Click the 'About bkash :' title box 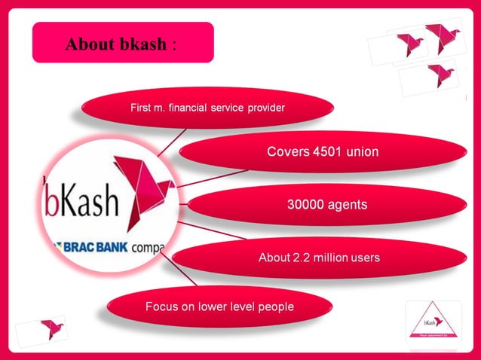pyautogui.click(x=123, y=43)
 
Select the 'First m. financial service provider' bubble pyautogui.click(x=207, y=108)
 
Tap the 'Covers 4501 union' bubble pyautogui.click(x=323, y=152)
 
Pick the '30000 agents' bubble pyautogui.click(x=327, y=204)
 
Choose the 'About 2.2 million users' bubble pyautogui.click(x=319, y=258)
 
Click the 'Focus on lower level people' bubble pyautogui.click(x=219, y=307)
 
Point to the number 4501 pyautogui.click(x=326, y=152)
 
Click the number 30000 pyautogui.click(x=305, y=204)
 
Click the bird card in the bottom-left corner pyautogui.click(x=43, y=330)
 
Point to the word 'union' pyautogui.click(x=362, y=152)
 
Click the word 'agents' pyautogui.click(x=347, y=204)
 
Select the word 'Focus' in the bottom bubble pyautogui.click(x=161, y=307)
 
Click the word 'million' pyautogui.click(x=329, y=258)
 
